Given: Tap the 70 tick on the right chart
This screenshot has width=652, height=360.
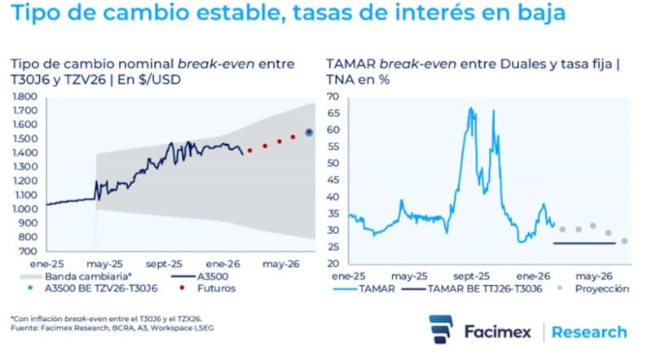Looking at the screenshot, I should coord(332,96).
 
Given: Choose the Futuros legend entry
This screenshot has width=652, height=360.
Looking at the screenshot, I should coord(208,288).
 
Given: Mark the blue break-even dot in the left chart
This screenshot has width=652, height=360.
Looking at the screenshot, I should coord(309,132).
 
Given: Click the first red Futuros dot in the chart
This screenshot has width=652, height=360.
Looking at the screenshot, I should coord(249,150).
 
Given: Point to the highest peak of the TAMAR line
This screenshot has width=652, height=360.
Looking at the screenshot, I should coord(470,108).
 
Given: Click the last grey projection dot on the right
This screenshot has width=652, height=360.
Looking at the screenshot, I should coord(624,240).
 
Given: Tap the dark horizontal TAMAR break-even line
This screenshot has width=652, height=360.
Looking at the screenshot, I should coord(584,244).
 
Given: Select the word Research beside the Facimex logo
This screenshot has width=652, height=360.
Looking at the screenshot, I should coord(589,332).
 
